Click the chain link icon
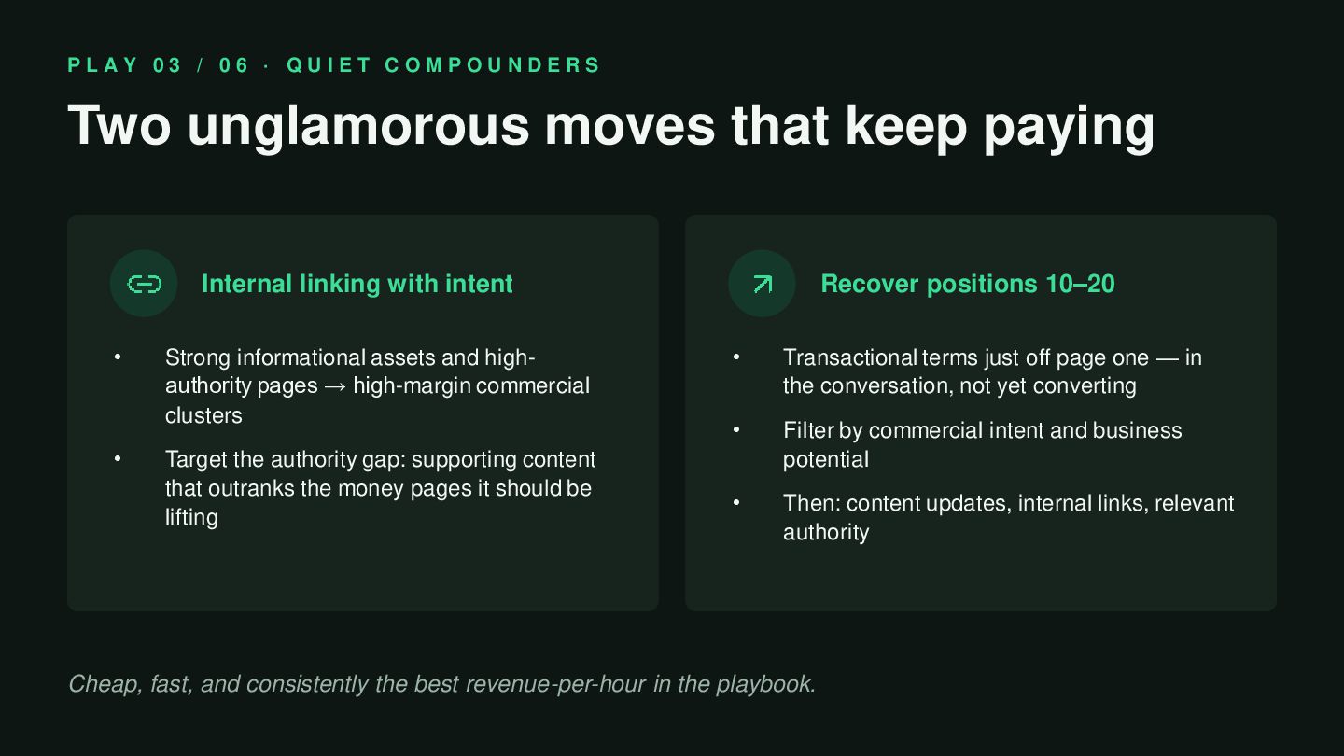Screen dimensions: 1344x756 [x=145, y=284]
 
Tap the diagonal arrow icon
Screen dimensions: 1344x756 [x=763, y=284]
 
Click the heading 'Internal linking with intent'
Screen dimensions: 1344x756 [x=357, y=284]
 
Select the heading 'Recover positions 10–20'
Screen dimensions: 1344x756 [x=968, y=284]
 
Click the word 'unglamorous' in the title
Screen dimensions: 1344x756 [x=358, y=127]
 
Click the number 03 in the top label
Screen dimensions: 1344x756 [x=167, y=64]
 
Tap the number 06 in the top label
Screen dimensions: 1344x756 [x=233, y=64]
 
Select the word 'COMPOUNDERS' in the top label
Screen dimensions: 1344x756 [x=493, y=64]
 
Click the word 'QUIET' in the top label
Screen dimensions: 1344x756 [x=329, y=64]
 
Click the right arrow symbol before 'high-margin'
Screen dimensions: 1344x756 [x=335, y=386]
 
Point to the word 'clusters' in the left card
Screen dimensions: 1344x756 [x=203, y=415]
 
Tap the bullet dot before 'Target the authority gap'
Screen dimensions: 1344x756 [x=118, y=459]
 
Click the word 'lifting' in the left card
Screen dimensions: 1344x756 [x=191, y=517]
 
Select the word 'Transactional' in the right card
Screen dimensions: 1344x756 [x=850, y=357]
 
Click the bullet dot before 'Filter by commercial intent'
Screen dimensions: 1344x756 [x=736, y=430]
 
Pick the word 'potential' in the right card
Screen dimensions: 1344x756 [x=826, y=459]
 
